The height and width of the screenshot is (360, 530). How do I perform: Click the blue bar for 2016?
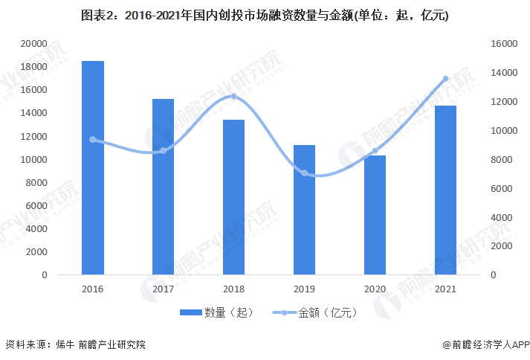(x=92, y=167)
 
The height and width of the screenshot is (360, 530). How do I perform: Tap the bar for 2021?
(x=445, y=190)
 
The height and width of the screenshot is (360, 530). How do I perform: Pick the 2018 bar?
(x=233, y=197)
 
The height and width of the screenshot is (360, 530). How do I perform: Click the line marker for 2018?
(x=233, y=96)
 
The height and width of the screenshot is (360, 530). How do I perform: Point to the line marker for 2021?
(x=445, y=78)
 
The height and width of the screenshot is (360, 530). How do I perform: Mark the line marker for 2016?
(x=92, y=139)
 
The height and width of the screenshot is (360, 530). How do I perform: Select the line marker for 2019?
(x=304, y=173)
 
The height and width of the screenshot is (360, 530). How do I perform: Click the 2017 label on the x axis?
(x=163, y=289)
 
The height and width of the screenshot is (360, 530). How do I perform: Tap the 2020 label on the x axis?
(x=375, y=289)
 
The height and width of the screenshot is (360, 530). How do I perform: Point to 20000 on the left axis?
(x=33, y=44)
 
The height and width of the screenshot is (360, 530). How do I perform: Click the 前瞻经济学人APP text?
(x=491, y=344)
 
